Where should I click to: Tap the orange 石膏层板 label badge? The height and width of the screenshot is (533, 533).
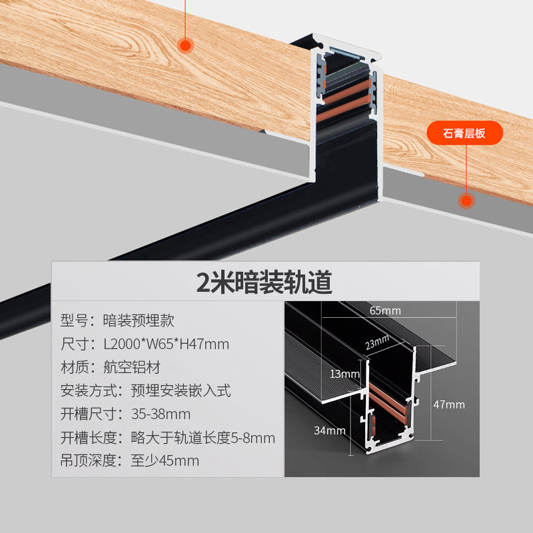464,134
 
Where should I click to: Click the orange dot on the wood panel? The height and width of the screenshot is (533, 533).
185,45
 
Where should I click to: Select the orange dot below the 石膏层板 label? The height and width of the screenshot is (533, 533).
466,199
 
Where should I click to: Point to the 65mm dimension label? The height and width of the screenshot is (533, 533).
385,310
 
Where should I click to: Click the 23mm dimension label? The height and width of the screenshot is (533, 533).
376,342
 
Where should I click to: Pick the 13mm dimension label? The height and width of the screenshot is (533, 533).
344,374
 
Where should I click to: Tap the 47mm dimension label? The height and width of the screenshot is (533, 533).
448,404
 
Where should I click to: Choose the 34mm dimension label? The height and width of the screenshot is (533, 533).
328,430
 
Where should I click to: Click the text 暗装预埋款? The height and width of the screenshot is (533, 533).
139,320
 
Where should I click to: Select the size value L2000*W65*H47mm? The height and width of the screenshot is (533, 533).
166,344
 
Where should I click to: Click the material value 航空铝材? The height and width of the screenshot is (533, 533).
132,367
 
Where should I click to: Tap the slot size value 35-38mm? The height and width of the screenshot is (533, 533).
161,414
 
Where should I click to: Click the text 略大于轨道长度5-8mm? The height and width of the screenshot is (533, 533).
203,438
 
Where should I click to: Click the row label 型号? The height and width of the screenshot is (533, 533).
74,320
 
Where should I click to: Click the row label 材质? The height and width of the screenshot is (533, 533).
74,367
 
